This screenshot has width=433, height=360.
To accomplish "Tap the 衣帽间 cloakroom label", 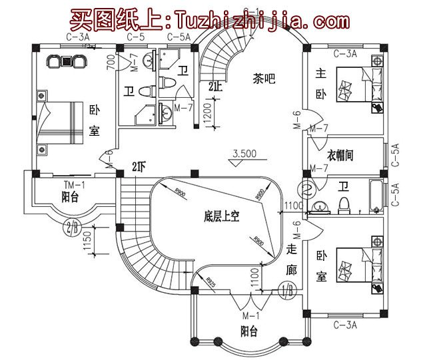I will [x=340, y=156].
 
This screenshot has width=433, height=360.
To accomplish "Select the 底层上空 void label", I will [x=222, y=216].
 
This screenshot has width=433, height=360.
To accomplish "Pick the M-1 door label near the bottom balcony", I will [x=250, y=314].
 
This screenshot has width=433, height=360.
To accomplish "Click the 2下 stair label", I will [x=139, y=167].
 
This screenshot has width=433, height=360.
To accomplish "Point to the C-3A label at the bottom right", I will [x=344, y=325].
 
